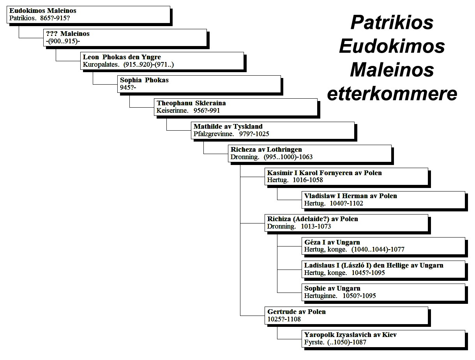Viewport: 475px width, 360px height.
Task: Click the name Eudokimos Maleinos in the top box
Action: [x=43, y=11]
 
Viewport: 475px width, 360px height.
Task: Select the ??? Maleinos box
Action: [x=125, y=37]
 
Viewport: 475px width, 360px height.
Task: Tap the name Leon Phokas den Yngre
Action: [x=122, y=57]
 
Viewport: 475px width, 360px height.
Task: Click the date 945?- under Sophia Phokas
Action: [x=128, y=87]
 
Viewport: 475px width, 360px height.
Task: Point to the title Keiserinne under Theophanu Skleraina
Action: [x=173, y=110]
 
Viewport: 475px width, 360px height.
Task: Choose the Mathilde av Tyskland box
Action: [x=273, y=130]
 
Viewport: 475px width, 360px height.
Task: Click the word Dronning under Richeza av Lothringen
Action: [x=245, y=157]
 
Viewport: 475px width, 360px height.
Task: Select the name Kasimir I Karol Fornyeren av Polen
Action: [x=324, y=173]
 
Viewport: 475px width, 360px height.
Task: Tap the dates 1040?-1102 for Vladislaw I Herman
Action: [x=346, y=203]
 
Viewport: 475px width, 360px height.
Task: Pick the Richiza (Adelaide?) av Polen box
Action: [x=346, y=223]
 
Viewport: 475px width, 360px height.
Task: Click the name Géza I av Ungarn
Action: [x=332, y=242]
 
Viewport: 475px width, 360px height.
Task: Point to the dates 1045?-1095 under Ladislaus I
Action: [x=368, y=273]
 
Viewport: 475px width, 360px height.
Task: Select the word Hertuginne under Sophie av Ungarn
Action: [x=321, y=296]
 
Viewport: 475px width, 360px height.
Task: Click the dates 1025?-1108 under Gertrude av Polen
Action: [x=284, y=319]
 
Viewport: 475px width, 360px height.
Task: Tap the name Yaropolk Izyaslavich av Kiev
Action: [x=350, y=335]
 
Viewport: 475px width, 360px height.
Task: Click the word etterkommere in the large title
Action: [x=392, y=94]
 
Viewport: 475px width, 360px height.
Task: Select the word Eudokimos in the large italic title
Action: [x=392, y=46]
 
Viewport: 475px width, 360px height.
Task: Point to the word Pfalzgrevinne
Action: [x=214, y=134]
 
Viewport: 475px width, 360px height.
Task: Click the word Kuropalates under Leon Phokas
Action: [x=101, y=64]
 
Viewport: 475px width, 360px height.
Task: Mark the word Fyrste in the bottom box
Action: [x=314, y=342]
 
